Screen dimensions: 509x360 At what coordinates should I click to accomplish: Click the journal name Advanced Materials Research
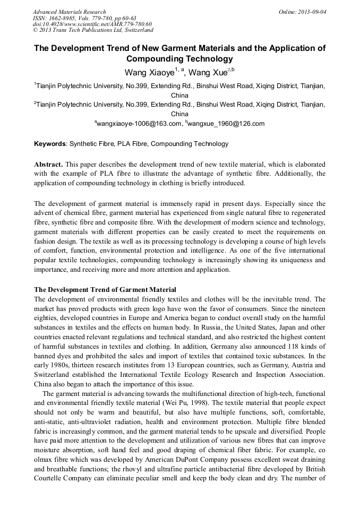pos(70,12)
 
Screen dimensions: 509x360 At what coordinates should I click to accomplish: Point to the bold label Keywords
pos(50,144)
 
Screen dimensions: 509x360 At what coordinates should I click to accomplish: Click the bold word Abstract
pos(49,165)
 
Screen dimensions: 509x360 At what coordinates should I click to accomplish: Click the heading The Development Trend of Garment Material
pos(105,290)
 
